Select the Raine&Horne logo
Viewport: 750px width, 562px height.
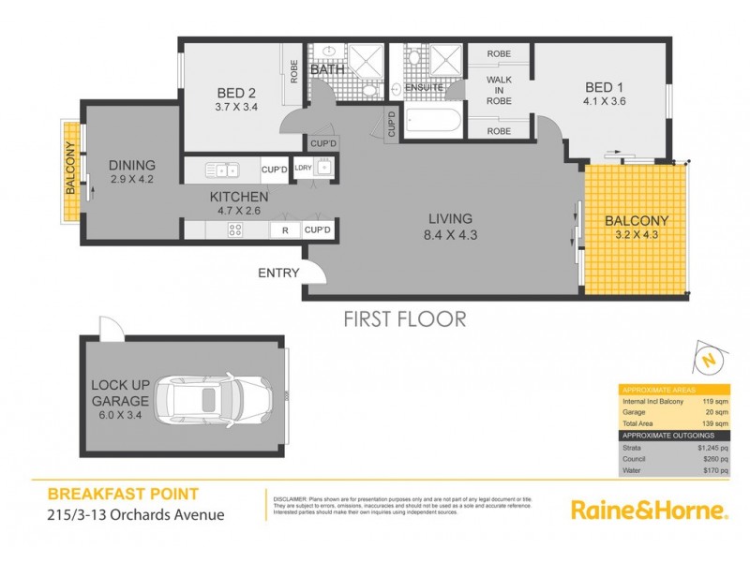tap(649, 510)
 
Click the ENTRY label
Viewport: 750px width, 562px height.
tap(278, 274)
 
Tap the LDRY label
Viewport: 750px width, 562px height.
tap(303, 169)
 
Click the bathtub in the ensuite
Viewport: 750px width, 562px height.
tap(432, 123)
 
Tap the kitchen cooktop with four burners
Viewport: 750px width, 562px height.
tap(228, 229)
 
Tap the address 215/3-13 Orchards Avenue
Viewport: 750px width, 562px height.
tap(127, 513)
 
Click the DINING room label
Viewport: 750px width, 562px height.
tap(131, 165)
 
